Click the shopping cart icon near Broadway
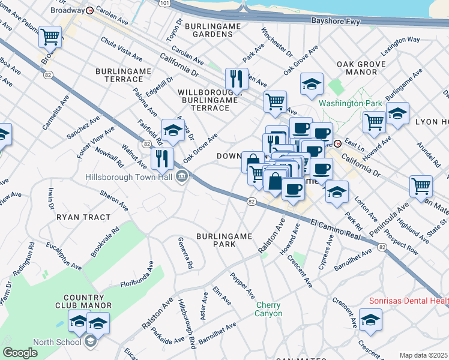50,37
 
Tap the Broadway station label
67,10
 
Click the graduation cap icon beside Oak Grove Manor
312,85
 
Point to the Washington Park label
351,103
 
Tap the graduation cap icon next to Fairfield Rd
173,130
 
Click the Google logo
20,353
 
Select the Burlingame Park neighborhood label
224,240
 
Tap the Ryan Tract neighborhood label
84,217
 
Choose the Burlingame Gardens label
212,30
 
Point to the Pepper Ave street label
243,285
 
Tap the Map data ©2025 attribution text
423,355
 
